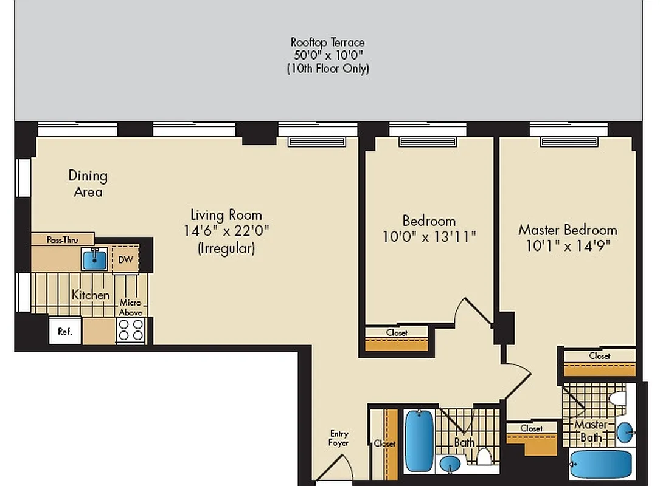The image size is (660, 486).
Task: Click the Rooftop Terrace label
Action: pos(328,42)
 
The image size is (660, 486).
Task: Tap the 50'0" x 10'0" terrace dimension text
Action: pos(328,55)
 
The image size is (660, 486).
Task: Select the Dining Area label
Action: pos(88,183)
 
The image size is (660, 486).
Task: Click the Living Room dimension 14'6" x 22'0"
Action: pos(226,231)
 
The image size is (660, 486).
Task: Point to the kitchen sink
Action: pos(94,259)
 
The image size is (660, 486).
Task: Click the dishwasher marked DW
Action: pos(125,259)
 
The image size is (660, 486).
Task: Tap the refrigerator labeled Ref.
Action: pos(64,331)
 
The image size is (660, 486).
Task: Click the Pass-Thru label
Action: pos(62,239)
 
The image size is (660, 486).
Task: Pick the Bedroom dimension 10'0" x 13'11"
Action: pos(429,236)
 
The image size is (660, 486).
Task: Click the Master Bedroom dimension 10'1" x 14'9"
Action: pos(568,245)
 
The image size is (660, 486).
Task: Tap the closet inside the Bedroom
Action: pos(397,340)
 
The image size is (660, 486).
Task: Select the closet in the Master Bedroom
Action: pos(599,363)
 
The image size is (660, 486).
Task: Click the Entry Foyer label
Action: pos(339,438)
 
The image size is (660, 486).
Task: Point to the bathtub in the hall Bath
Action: pos(419,440)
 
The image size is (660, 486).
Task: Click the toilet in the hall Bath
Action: pos(485,457)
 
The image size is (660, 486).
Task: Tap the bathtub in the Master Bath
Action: pos(601,465)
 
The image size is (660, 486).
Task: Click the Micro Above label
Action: pos(130,307)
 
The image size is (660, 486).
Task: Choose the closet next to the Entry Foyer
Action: pos(385,443)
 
